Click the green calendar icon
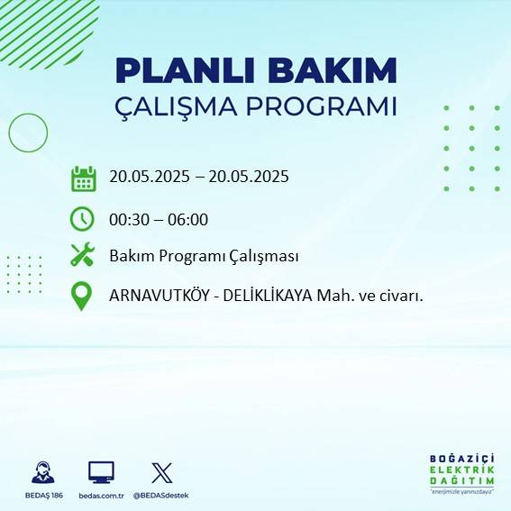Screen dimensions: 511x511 83,178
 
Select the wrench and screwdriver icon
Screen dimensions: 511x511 83,256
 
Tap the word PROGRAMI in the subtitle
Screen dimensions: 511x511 324,105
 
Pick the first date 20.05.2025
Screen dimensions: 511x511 150,177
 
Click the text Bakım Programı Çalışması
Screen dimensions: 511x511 204,257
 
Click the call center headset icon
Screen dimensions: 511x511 41,472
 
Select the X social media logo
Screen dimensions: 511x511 162,472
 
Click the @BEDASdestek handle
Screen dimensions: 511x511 162,496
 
